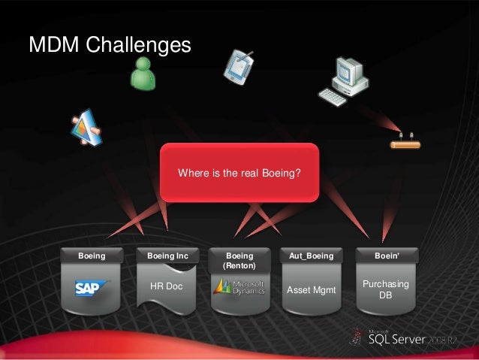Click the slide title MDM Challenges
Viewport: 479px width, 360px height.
pyautogui.click(x=110, y=45)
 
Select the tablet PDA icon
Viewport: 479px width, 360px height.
pyautogui.click(x=238, y=67)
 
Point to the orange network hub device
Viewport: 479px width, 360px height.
pyautogui.click(x=405, y=143)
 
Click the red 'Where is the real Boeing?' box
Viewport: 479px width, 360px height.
pyautogui.click(x=239, y=174)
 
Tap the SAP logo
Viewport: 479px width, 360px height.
pyautogui.click(x=92, y=287)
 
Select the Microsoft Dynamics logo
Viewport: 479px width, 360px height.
pyautogui.click(x=239, y=287)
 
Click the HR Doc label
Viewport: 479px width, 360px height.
pyautogui.click(x=166, y=287)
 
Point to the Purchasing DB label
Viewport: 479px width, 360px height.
pyautogui.click(x=385, y=289)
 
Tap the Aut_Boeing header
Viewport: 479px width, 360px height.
pyautogui.click(x=311, y=256)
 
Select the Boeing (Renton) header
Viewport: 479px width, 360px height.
pyautogui.click(x=239, y=261)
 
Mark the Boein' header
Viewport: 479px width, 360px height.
pyautogui.click(x=386, y=256)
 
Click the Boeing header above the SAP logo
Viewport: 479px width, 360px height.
pyautogui.click(x=92, y=256)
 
